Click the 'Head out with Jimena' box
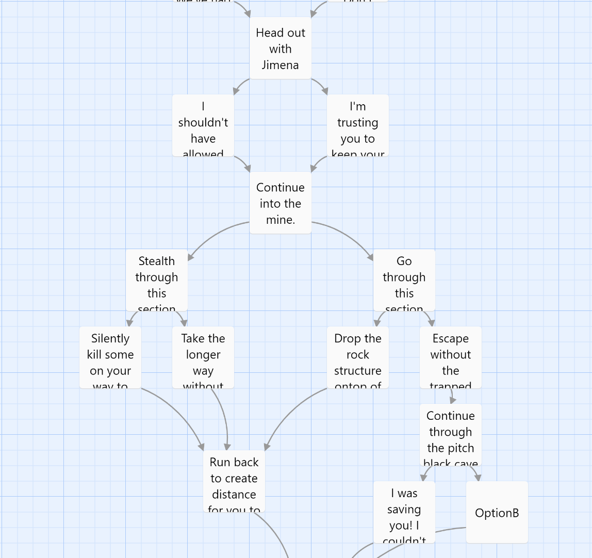280,48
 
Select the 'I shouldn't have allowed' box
203,125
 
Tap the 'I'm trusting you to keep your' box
357,125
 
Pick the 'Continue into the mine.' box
280,203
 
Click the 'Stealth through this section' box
156,280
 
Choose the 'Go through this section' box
404,280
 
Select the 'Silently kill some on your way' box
110,357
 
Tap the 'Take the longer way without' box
203,357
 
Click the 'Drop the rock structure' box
357,357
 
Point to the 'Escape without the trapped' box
450,357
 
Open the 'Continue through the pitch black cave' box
450,435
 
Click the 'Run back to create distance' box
234,482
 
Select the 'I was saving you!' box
404,512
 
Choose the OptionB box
497,512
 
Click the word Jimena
280,65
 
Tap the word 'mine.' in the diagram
280,220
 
